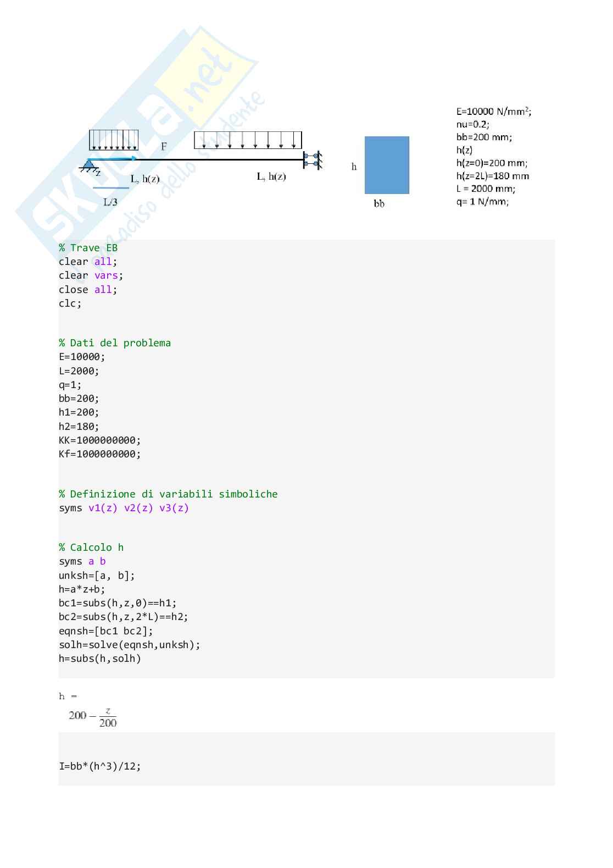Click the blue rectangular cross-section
(x=387, y=165)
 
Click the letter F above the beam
(x=164, y=147)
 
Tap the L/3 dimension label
(x=110, y=202)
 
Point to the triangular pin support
(x=88, y=164)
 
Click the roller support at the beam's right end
(x=312, y=160)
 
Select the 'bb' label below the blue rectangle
(x=379, y=204)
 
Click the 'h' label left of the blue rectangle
(x=354, y=167)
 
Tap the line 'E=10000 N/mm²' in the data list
(x=493, y=112)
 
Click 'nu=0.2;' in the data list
(x=472, y=124)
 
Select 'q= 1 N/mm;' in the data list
(x=482, y=201)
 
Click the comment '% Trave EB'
(x=88, y=248)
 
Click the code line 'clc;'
(x=70, y=303)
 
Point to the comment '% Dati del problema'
(x=115, y=343)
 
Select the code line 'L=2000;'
(x=79, y=371)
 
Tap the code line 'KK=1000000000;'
(x=99, y=440)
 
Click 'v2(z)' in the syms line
(x=138, y=508)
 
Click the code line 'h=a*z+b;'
(x=82, y=589)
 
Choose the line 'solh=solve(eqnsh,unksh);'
(x=129, y=645)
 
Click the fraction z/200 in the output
(x=108, y=717)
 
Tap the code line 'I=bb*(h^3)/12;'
(x=99, y=766)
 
